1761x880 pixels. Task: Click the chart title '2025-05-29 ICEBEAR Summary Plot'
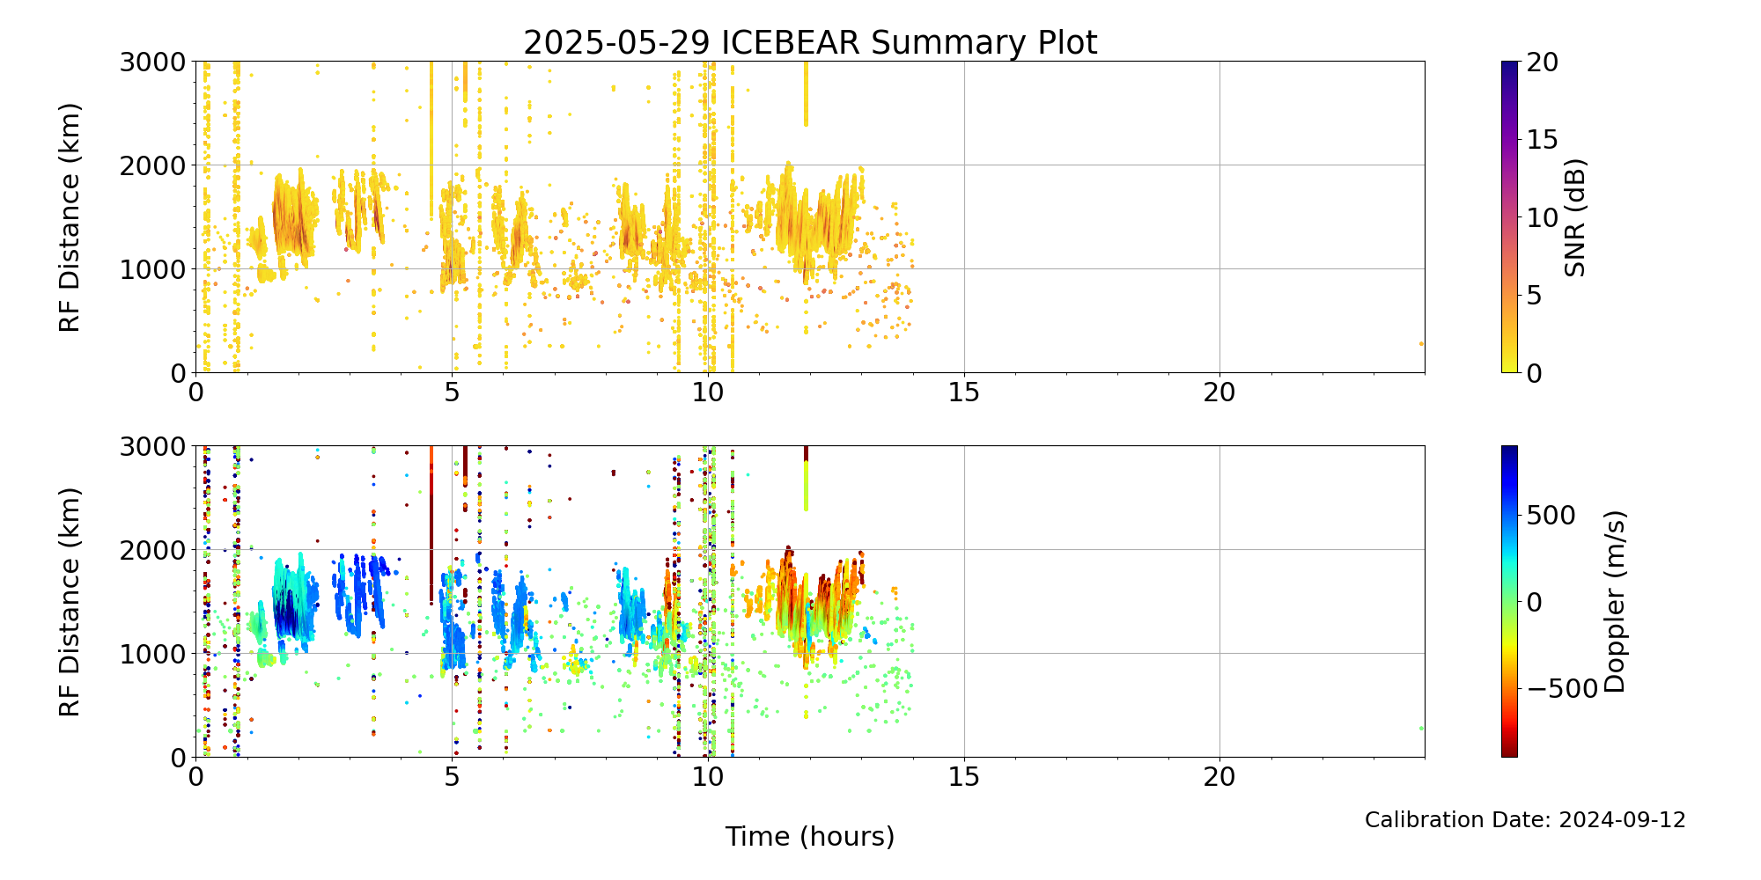(810, 43)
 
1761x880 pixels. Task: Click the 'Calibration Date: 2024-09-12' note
(1525, 820)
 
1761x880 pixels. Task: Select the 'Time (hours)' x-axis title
(810, 837)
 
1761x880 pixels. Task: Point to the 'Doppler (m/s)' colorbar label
(1614, 602)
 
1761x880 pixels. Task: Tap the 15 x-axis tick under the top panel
(964, 392)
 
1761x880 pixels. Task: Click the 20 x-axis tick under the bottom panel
(1219, 777)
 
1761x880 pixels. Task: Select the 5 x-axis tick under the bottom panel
(452, 777)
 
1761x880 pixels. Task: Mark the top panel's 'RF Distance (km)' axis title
(70, 217)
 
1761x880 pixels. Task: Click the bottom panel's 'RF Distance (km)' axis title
(70, 602)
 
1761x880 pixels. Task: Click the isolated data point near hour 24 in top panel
(1421, 343)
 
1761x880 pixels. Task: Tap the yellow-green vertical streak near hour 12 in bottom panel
(806, 486)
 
